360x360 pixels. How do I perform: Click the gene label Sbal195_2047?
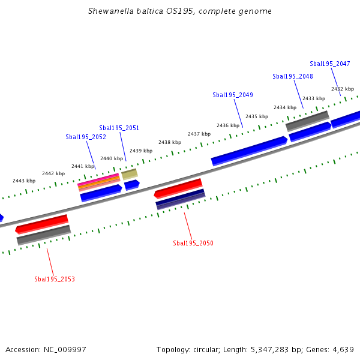[x=330, y=64]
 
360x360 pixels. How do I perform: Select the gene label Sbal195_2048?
[x=293, y=76]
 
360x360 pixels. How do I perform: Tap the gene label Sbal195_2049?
[x=233, y=95]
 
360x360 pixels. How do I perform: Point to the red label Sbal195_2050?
[x=193, y=243]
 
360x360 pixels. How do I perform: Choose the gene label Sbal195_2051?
[x=119, y=128]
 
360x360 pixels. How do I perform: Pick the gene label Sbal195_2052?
[x=86, y=137]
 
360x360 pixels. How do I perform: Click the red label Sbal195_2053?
[x=55, y=279]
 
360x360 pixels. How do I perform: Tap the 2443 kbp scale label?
[x=24, y=181]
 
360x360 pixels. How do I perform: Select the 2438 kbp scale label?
[x=170, y=142]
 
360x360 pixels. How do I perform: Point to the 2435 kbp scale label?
[x=256, y=116]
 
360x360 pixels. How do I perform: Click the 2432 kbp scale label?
[x=342, y=89]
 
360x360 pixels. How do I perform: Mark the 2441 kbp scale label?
[x=83, y=166]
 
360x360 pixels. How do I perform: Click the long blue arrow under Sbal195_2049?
[x=249, y=151]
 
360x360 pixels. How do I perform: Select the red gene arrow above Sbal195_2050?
[x=178, y=188]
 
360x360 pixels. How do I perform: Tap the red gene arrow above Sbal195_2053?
[x=41, y=224]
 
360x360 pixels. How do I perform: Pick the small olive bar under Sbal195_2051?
[x=130, y=174]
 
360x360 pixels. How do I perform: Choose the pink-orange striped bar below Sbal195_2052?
[x=99, y=181]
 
